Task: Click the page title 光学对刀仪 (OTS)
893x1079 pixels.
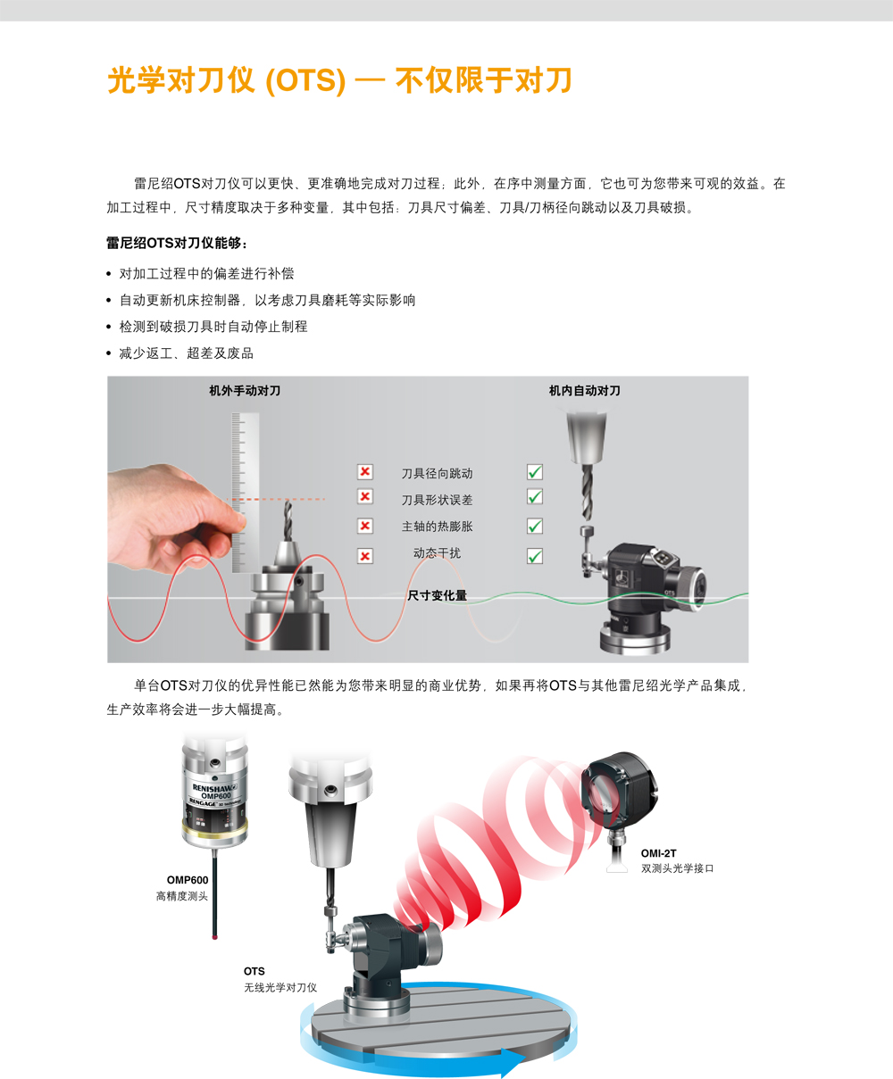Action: point(226,80)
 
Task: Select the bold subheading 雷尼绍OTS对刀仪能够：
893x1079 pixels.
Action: point(178,244)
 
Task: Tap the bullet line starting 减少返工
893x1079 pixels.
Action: point(186,353)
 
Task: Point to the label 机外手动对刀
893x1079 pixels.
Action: point(245,391)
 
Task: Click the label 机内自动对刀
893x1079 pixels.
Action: point(584,391)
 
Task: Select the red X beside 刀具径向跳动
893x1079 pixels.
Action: point(365,472)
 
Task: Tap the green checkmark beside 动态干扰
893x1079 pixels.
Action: point(535,556)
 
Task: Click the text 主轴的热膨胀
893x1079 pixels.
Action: point(437,527)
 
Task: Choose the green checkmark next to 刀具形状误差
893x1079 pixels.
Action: point(535,497)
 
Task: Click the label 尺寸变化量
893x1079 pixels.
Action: point(437,595)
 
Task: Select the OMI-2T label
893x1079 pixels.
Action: point(658,853)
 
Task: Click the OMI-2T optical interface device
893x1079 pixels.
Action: point(616,791)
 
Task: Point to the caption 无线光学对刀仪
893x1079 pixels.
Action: point(280,988)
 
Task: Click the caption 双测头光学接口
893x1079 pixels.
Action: point(677,868)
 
